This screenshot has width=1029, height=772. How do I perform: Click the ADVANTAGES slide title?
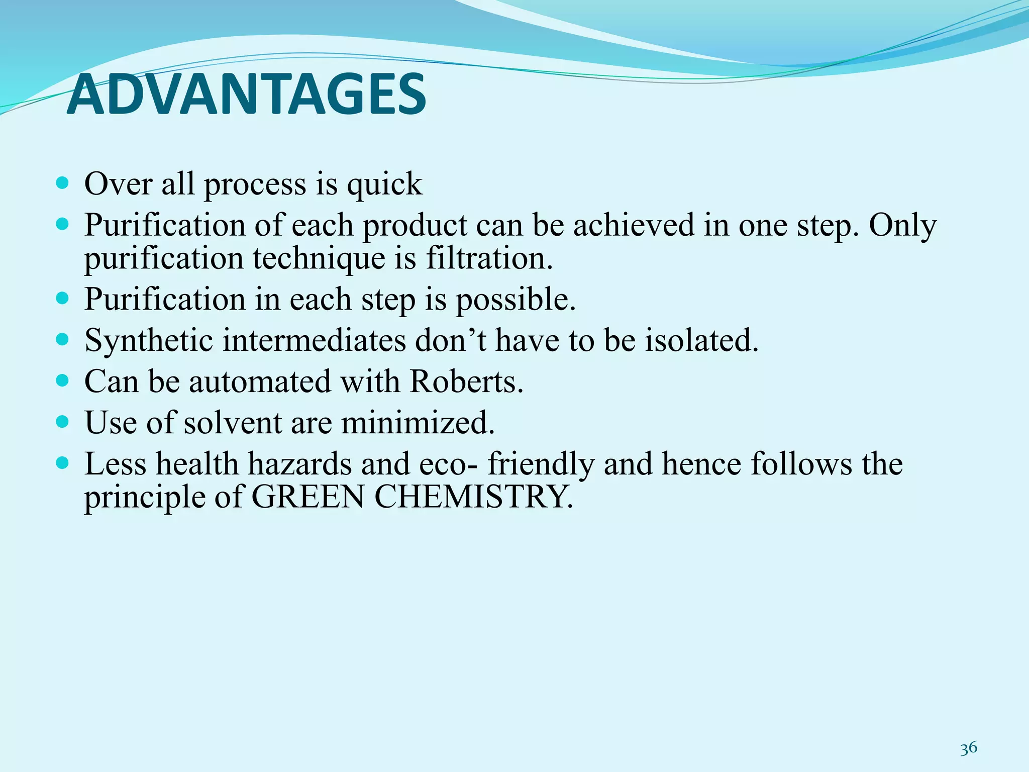pyautogui.click(x=246, y=94)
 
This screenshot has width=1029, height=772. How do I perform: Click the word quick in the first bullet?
pyautogui.click(x=384, y=184)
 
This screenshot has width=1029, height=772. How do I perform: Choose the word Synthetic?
pyautogui.click(x=149, y=341)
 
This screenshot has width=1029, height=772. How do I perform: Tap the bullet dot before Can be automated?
pyautogui.click(x=62, y=380)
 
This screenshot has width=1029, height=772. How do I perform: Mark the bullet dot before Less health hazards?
pyautogui.click(x=62, y=462)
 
